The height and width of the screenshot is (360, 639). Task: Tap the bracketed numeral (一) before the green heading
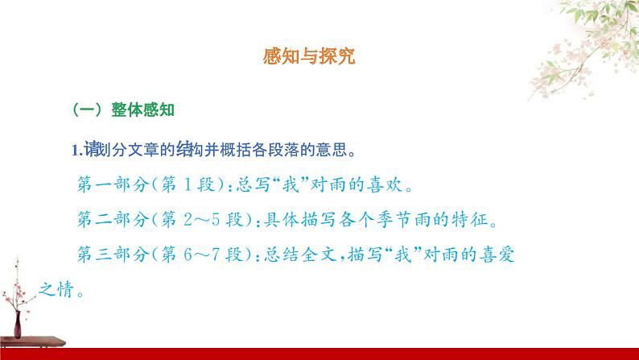click(88, 110)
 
